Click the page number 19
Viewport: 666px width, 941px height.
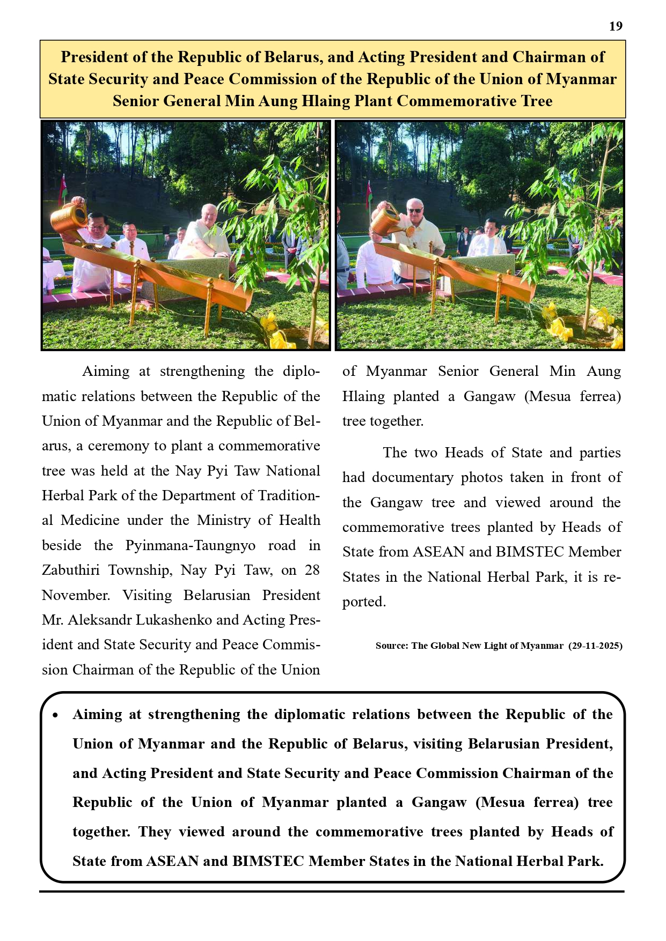coord(616,26)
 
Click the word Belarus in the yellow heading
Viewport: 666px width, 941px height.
coord(292,57)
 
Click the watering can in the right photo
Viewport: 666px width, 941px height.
coord(386,220)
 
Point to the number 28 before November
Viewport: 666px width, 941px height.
coord(312,569)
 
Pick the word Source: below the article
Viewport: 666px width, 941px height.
coord(392,646)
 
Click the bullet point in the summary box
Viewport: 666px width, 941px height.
coord(55,715)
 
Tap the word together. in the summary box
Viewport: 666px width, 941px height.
coord(101,832)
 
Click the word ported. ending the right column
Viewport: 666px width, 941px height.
coord(364,602)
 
